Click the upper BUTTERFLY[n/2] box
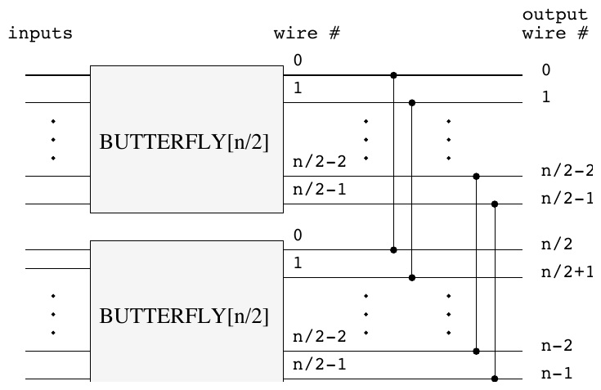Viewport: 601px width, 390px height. pos(186,139)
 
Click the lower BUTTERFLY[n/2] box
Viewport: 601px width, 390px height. pos(186,311)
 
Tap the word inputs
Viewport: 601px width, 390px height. pos(40,34)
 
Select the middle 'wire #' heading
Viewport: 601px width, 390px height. pos(307,34)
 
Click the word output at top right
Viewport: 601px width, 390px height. pos(555,16)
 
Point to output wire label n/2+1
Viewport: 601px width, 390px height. pos(567,271)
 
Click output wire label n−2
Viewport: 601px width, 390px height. pos(557,346)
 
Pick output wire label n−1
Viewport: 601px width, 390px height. pos(557,373)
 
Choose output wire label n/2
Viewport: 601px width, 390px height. pos(557,244)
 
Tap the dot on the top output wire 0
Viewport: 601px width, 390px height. pos(393,75)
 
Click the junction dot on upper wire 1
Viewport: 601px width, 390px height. pos(412,103)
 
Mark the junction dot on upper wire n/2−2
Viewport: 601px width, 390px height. pos(476,177)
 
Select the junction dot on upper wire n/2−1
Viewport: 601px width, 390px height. pos(495,204)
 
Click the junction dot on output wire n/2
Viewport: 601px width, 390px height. pos(393,250)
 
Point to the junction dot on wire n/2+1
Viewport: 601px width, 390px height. pos(412,278)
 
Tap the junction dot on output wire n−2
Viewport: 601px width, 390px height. pos(476,352)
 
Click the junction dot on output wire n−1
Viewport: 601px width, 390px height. pos(495,379)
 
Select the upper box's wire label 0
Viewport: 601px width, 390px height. pos(298,61)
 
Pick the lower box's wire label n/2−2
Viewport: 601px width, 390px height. pos(320,337)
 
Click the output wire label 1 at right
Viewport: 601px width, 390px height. pos(546,97)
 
